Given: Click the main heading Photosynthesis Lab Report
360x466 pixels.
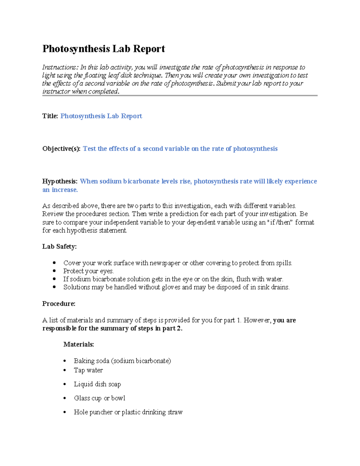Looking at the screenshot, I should (103, 49).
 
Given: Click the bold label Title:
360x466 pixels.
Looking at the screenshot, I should (50, 116).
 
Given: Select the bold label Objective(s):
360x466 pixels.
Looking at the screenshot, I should (61, 149).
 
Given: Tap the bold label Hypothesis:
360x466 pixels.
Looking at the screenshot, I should (60, 181).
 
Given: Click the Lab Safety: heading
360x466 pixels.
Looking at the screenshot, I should (59, 247).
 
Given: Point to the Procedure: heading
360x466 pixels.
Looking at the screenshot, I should (59, 304).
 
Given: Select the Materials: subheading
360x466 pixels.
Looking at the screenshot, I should (79, 344).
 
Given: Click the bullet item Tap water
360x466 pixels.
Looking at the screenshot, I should (88, 370).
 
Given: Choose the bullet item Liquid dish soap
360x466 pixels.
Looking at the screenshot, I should (97, 384).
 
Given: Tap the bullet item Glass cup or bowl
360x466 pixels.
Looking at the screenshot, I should (99, 398).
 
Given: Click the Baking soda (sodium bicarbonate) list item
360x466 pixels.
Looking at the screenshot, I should (122, 361).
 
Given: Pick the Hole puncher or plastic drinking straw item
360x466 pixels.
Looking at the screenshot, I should (128, 412).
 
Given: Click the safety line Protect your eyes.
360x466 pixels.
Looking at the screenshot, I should (88, 271).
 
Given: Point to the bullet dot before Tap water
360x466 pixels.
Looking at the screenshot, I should (65, 370).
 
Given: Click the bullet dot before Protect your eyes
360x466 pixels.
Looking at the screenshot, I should (54, 271).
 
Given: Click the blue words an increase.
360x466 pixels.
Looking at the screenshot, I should (60, 190).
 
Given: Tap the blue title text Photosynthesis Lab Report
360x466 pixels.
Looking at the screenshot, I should (101, 116).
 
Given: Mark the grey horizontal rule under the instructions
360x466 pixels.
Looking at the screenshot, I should (180, 95).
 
